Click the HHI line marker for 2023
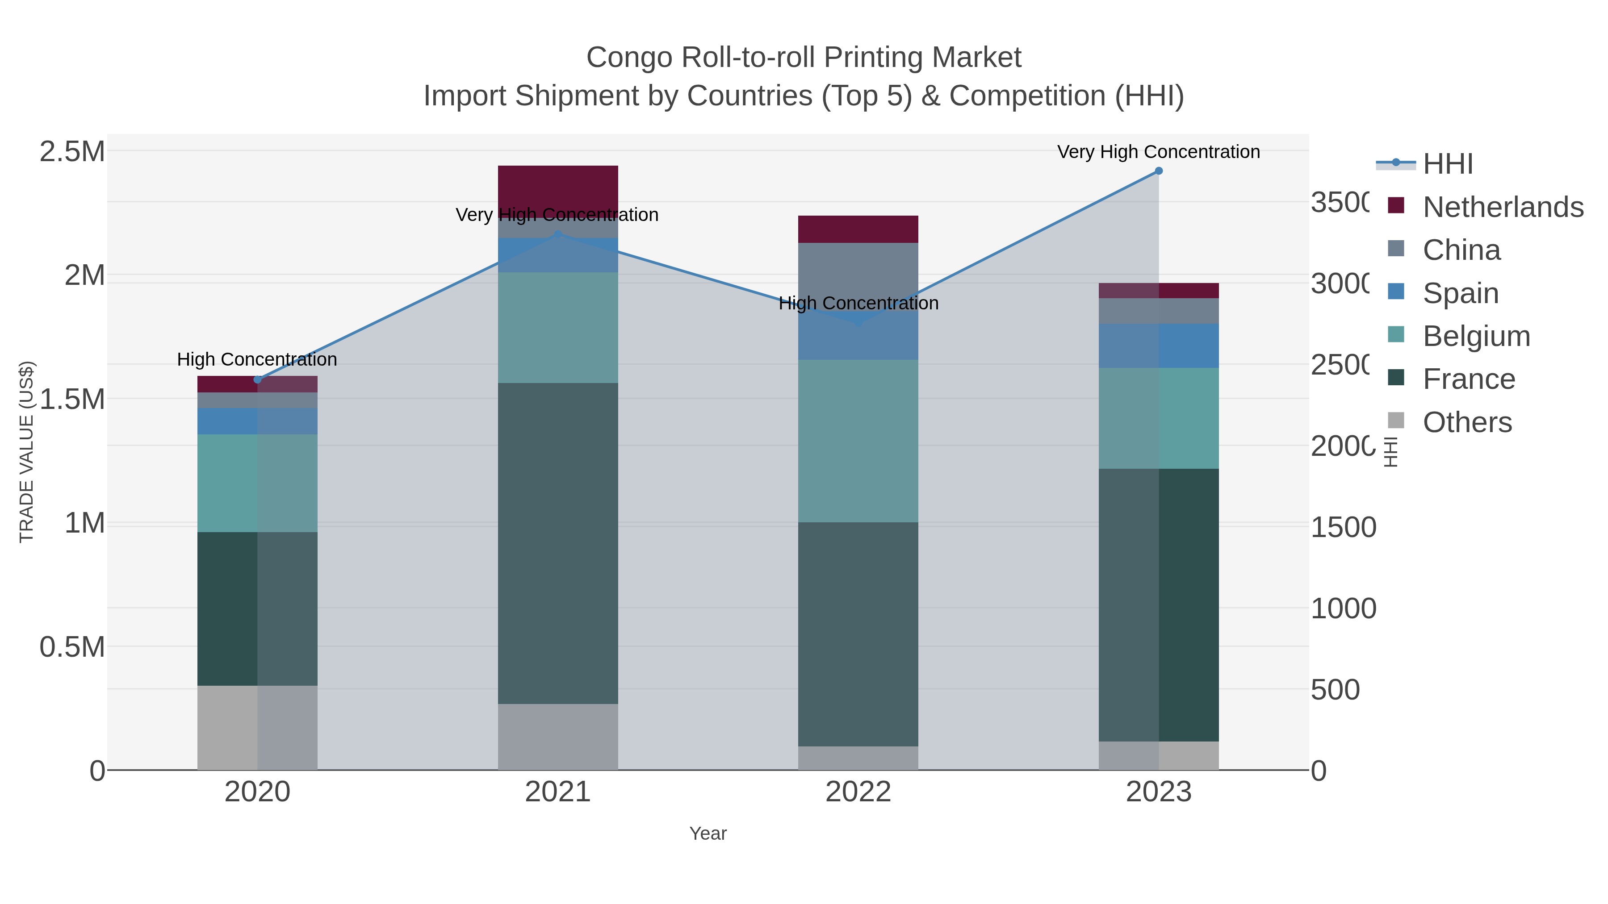tap(1159, 171)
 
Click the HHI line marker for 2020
tap(257, 379)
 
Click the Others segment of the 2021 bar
tap(557, 736)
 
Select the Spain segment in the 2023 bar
tap(1159, 345)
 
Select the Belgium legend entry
tap(1476, 336)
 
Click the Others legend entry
tap(1466, 422)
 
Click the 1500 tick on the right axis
tap(1343, 527)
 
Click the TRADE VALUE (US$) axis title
tap(26, 452)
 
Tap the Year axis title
tap(708, 833)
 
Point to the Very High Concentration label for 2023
tap(1159, 152)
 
